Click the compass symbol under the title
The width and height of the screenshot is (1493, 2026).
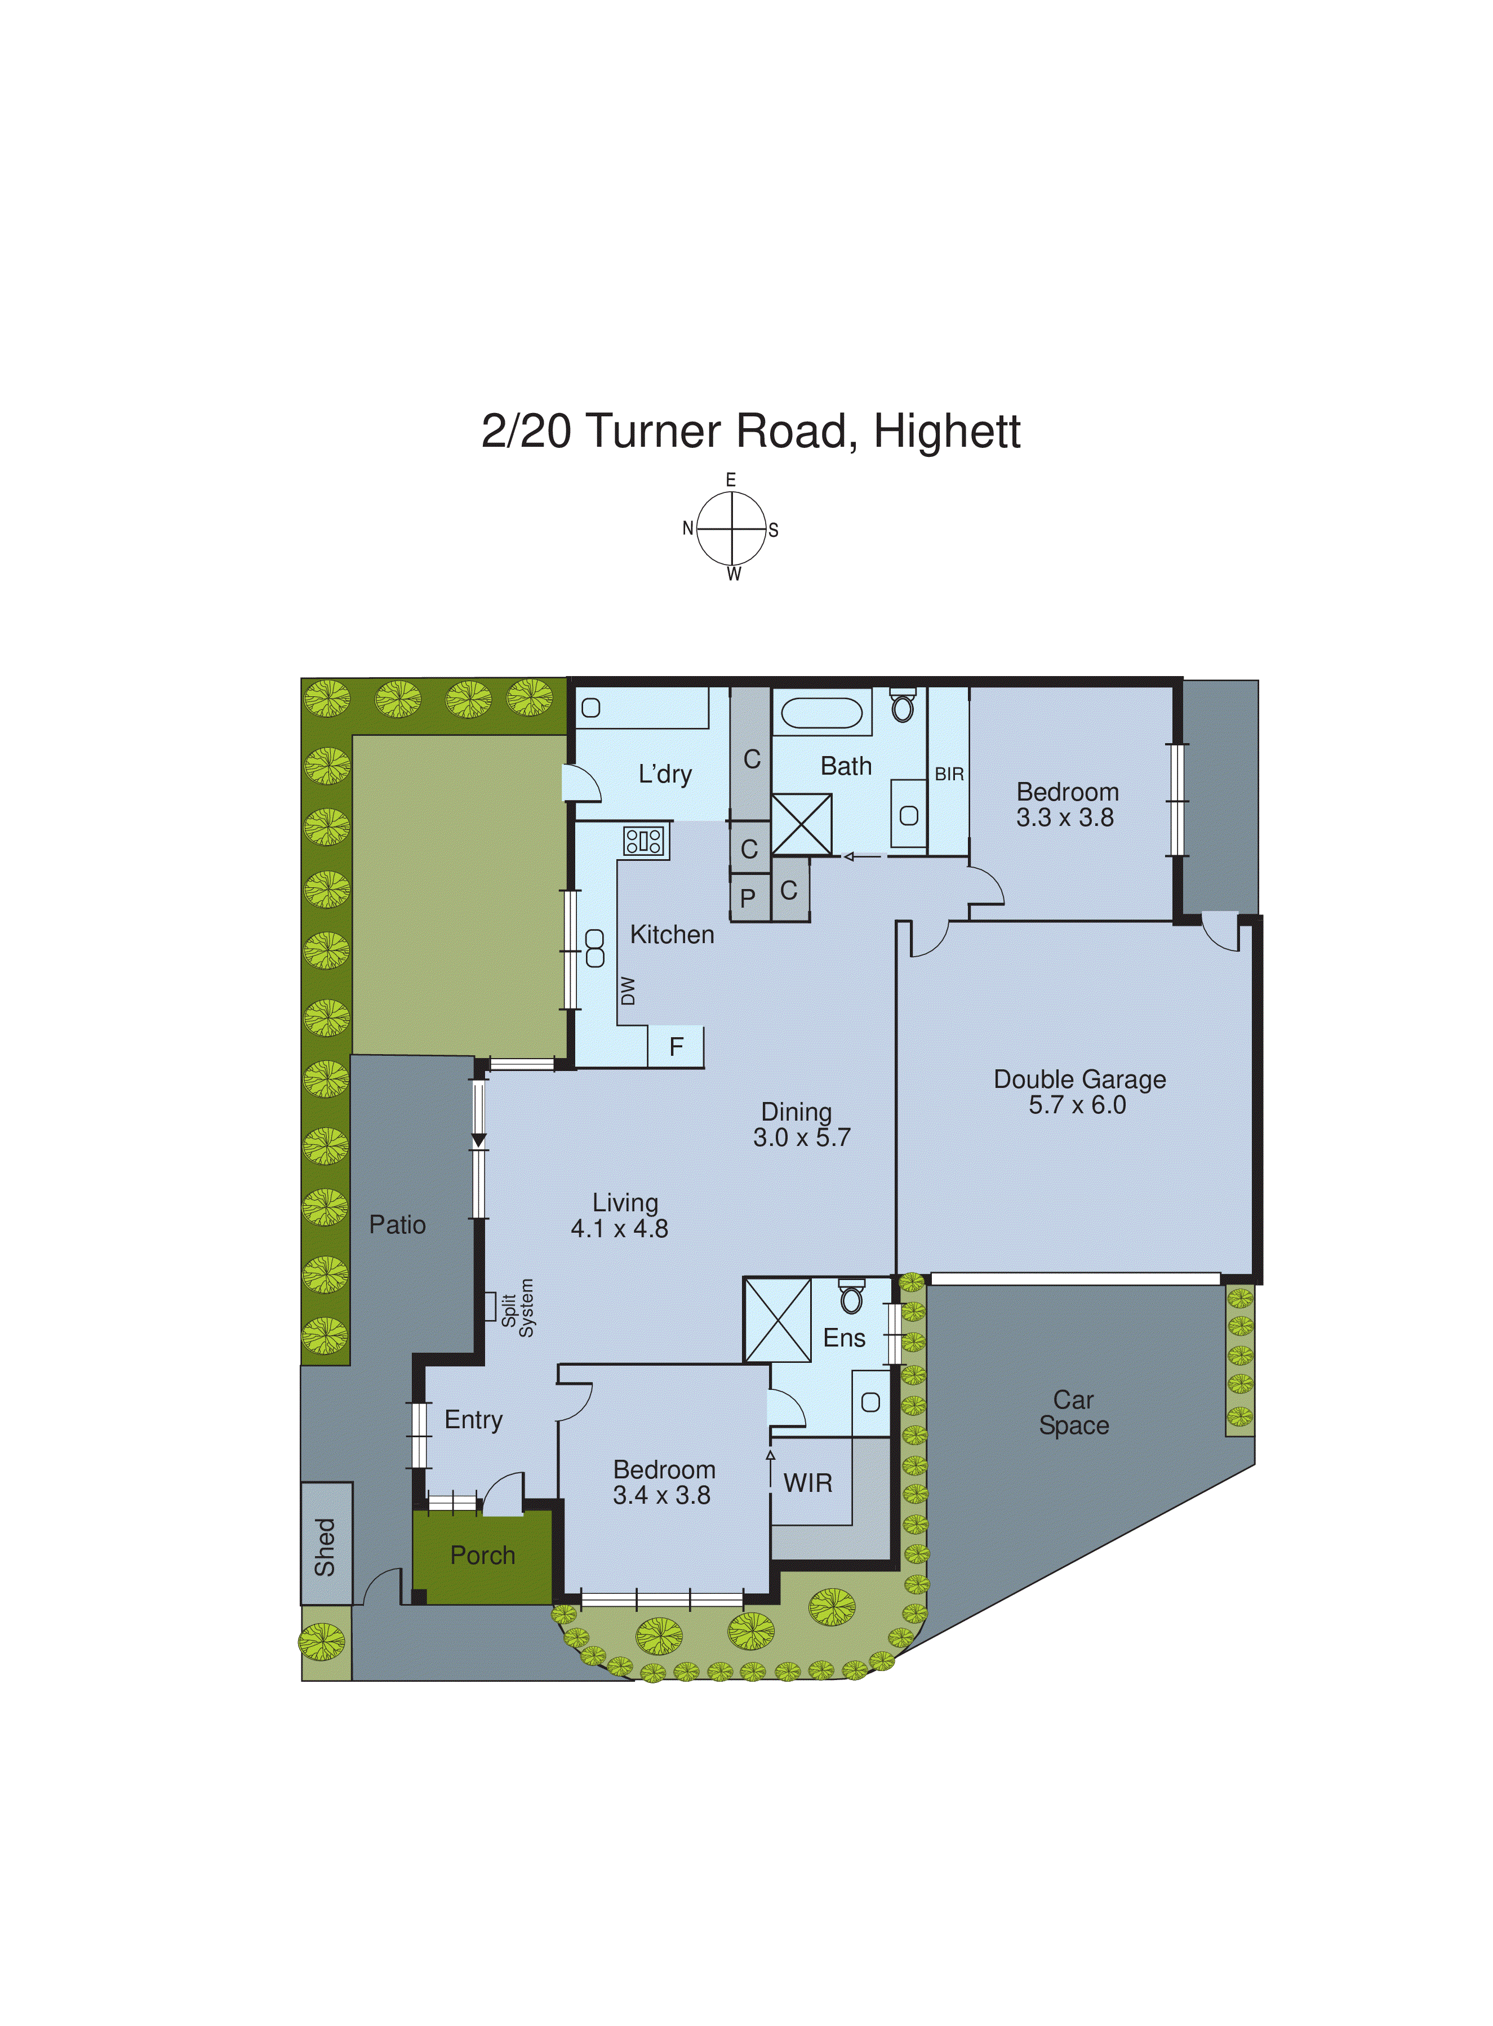coord(731,528)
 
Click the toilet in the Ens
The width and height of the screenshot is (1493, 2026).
coord(850,1298)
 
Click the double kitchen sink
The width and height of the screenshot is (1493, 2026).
coord(595,948)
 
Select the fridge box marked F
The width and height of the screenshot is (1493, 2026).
coord(676,1046)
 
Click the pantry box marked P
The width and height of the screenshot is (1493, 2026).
coord(748,898)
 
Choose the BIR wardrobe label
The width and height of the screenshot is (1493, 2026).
coord(949,775)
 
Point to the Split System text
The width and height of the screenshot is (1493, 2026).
coord(518,1308)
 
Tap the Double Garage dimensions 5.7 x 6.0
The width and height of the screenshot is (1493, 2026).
coord(1077,1104)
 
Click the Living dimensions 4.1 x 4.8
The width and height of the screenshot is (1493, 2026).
coord(619,1228)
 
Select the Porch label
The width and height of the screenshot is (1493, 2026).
coord(483,1554)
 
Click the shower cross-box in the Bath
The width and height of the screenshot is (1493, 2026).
coord(802,823)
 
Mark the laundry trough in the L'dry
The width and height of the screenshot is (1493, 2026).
coord(642,708)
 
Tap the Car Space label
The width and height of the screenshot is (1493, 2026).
coord(1074,1412)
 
